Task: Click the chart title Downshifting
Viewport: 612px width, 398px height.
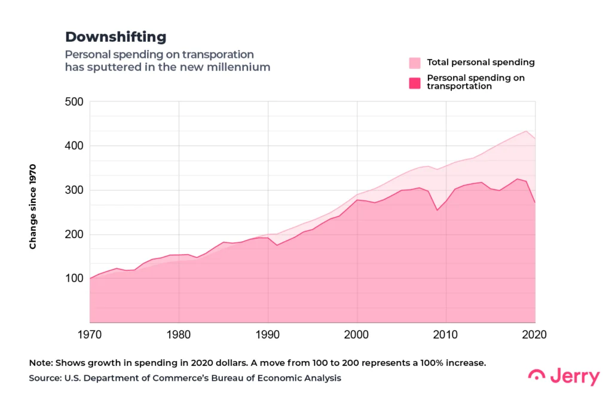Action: point(115,37)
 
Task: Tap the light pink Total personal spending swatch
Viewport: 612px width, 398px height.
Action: point(415,63)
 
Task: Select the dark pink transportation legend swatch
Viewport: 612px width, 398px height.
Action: point(415,82)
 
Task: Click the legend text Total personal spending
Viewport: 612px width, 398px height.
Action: point(481,63)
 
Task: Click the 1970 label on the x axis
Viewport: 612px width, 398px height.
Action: point(90,335)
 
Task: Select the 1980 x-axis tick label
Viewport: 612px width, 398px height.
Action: point(179,335)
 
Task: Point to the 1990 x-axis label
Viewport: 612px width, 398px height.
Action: point(268,335)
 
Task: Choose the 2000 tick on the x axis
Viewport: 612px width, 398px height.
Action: point(357,335)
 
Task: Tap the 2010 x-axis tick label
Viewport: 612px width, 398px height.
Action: point(446,335)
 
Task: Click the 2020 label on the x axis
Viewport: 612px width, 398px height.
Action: point(534,335)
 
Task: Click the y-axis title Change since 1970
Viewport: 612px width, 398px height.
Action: point(33,206)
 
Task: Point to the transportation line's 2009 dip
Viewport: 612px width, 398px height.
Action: point(437,210)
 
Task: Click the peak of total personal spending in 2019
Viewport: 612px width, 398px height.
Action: point(526,131)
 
